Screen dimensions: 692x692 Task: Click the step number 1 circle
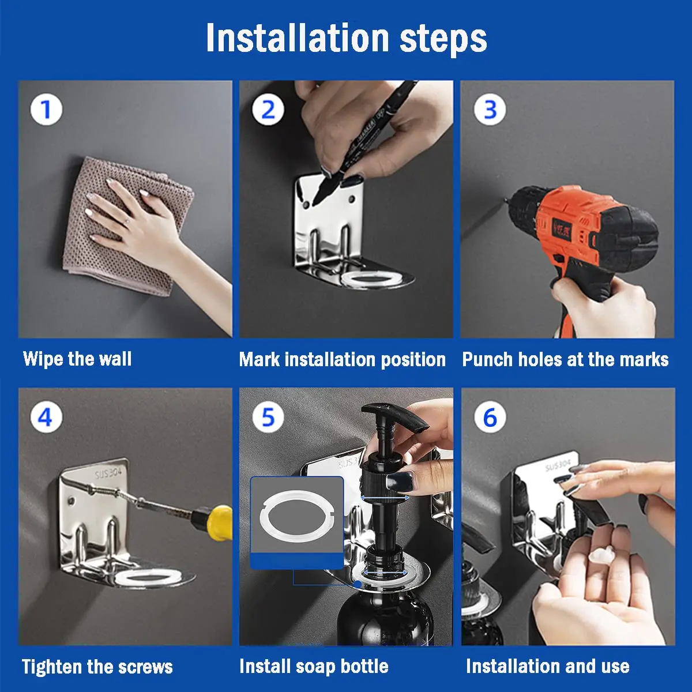pyautogui.click(x=46, y=110)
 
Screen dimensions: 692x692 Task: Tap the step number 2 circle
pyautogui.click(x=268, y=110)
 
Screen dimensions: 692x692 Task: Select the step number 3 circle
pyautogui.click(x=490, y=110)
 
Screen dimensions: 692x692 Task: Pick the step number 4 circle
pyautogui.click(x=46, y=418)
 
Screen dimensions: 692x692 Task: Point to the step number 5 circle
pyautogui.click(x=268, y=418)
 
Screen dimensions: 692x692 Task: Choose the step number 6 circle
pyautogui.click(x=490, y=418)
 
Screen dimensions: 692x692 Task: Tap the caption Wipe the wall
pyautogui.click(x=77, y=358)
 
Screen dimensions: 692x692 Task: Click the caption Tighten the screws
pyautogui.click(x=97, y=667)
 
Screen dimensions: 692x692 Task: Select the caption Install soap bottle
pyautogui.click(x=314, y=666)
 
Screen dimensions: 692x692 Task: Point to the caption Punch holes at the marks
pyautogui.click(x=565, y=359)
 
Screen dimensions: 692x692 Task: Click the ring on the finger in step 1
pyautogui.click(x=127, y=221)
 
